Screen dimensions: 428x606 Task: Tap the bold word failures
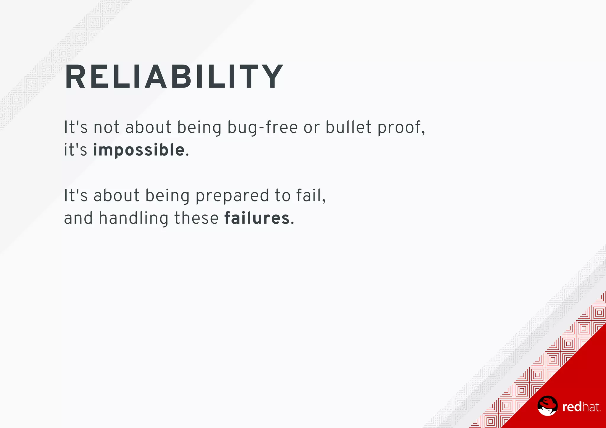[x=257, y=218]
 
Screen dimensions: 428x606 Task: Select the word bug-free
[x=262, y=128]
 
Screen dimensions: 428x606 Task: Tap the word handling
[x=133, y=218]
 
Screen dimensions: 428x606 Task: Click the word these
[x=196, y=218]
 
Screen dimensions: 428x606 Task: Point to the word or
[x=312, y=128]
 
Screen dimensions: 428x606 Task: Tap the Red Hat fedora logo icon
[x=547, y=406]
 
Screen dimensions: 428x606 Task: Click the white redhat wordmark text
[x=581, y=407]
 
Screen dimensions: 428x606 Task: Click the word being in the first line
[x=199, y=128]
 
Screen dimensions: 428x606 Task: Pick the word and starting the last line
[x=78, y=218]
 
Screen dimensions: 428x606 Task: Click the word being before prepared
[x=167, y=196]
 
